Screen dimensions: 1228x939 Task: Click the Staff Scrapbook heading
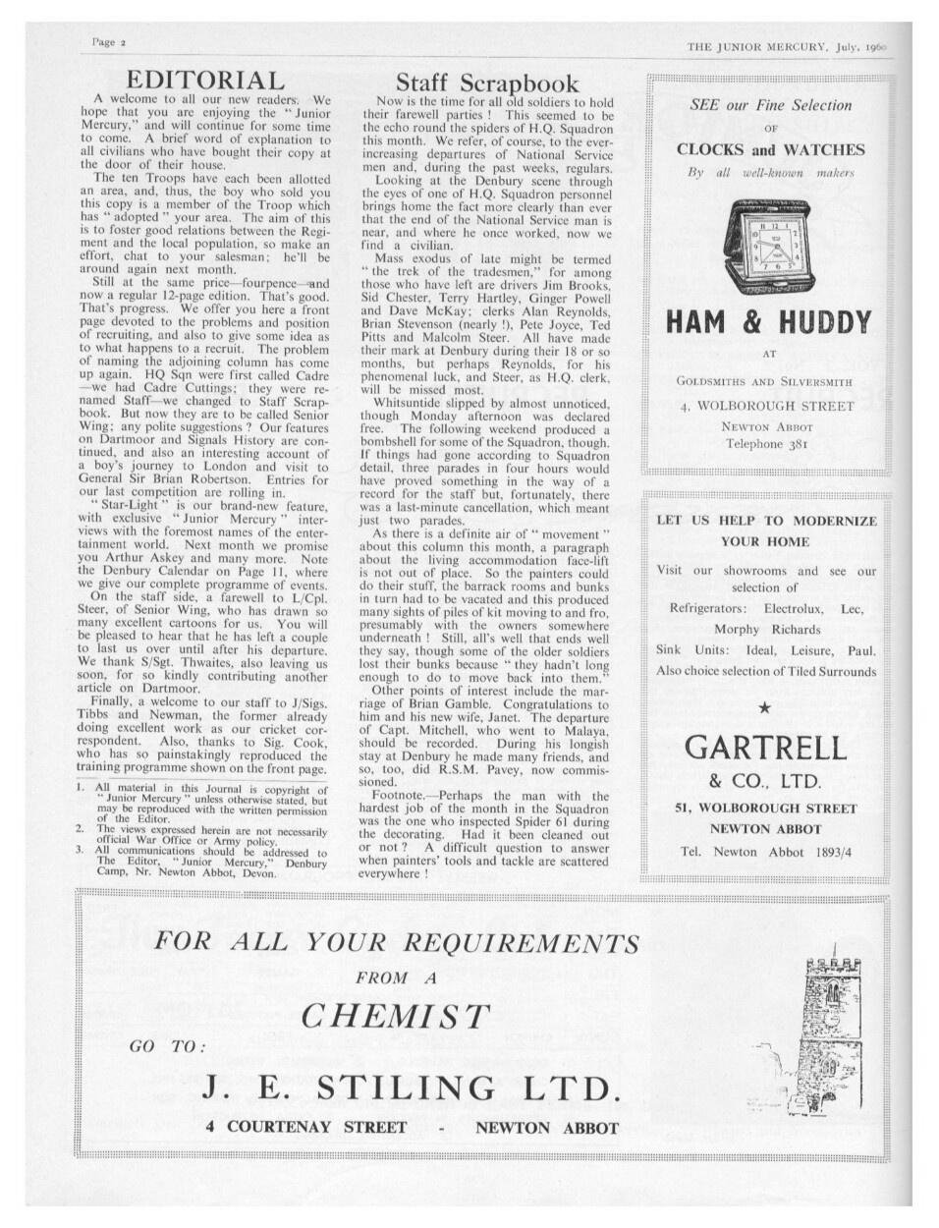click(x=487, y=84)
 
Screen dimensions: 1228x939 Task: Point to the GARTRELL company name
click(x=765, y=748)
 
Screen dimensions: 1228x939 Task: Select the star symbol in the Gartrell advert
click(x=765, y=706)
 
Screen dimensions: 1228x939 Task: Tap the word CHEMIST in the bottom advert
click(x=395, y=1016)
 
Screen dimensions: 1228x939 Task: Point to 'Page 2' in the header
click(x=108, y=43)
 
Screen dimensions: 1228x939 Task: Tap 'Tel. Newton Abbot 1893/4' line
click(x=766, y=852)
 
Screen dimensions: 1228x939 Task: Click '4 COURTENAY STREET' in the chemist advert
click(x=306, y=1127)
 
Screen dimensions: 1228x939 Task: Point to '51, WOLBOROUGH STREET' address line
click(x=766, y=809)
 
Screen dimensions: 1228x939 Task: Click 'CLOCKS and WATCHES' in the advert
click(x=770, y=150)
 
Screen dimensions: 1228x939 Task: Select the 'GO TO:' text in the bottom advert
click(x=168, y=1046)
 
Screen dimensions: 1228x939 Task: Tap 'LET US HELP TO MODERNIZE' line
click(x=766, y=521)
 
